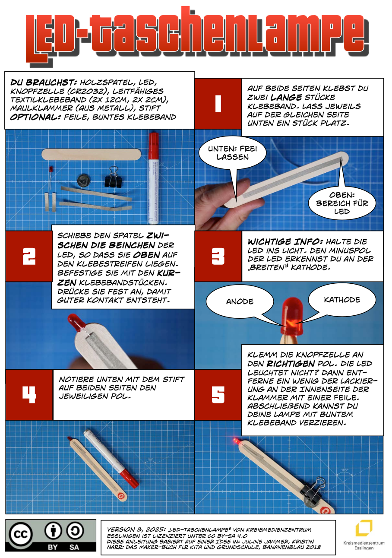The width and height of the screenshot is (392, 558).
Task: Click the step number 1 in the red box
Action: [x=218, y=104]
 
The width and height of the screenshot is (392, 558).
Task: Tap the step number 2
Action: [x=29, y=256]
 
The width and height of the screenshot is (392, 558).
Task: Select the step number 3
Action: [x=218, y=256]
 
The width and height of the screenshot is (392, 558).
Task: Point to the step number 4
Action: [x=29, y=395]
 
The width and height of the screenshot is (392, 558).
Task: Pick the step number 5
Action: [x=218, y=395]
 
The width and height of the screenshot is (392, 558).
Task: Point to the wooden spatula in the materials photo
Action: [x=91, y=154]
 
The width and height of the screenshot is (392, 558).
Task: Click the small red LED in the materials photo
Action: [x=51, y=170]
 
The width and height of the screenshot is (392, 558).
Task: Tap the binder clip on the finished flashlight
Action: [x=312, y=487]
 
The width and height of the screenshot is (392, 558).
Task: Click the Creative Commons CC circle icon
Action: [x=21, y=534]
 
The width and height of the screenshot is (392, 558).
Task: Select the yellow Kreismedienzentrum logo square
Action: [x=364, y=528]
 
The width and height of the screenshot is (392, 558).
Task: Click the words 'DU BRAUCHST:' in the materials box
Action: [x=43, y=82]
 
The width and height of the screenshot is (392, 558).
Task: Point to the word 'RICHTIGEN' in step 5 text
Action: [x=291, y=364]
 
